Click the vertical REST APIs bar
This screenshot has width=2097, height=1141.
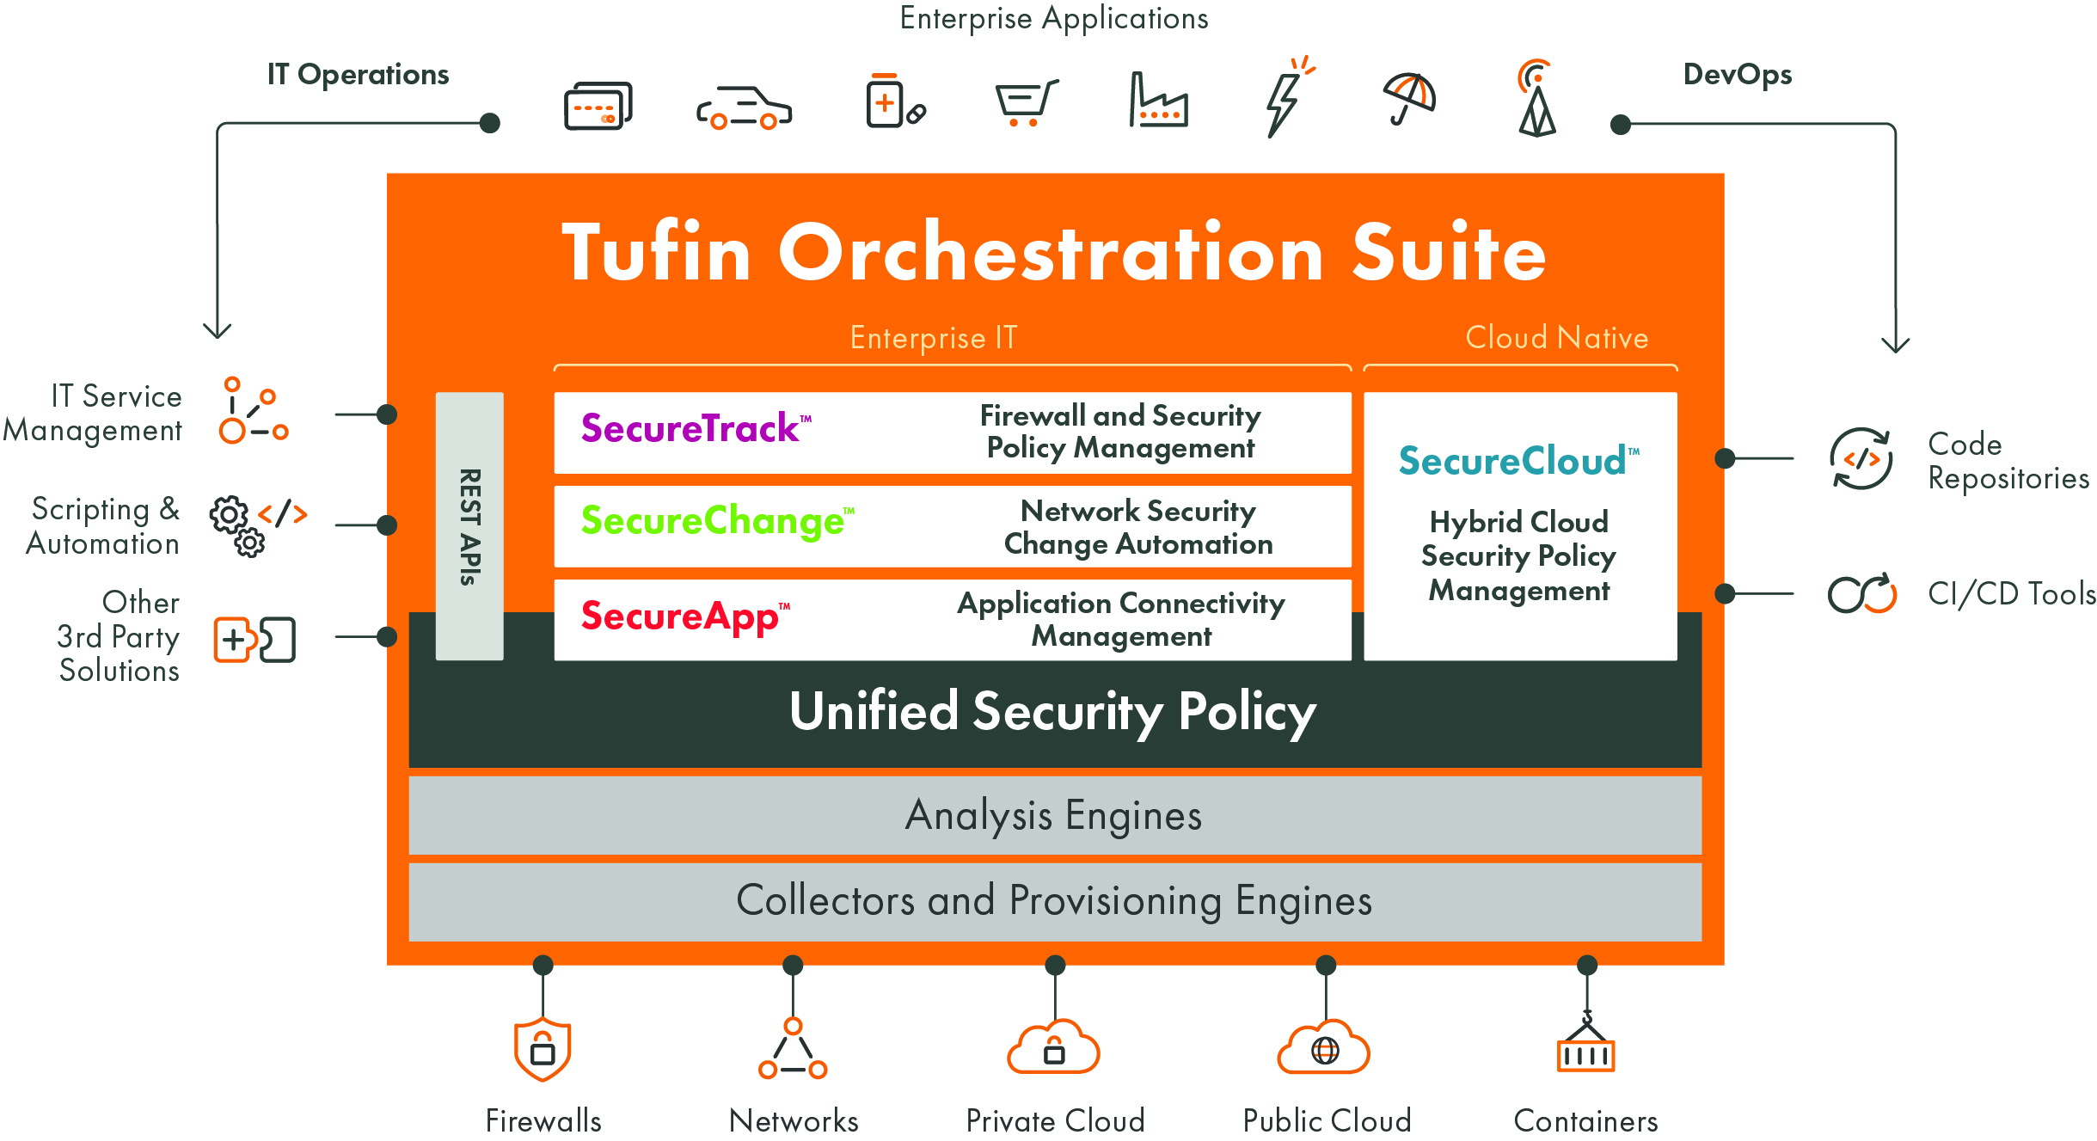(469, 526)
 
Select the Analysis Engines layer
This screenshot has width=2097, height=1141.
(1054, 816)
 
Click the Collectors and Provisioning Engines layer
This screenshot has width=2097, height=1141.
(1054, 901)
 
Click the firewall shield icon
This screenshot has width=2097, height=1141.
(542, 1050)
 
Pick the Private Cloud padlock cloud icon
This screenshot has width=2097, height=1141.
(1054, 1047)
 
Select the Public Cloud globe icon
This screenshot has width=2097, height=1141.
(1324, 1048)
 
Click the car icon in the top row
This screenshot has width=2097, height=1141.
(744, 108)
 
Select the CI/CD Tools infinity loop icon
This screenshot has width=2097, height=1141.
(1861, 594)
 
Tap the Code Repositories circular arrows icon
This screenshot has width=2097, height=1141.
(1861, 459)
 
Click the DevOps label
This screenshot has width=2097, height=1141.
(1737, 75)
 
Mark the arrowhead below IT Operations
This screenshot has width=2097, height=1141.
(218, 330)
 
